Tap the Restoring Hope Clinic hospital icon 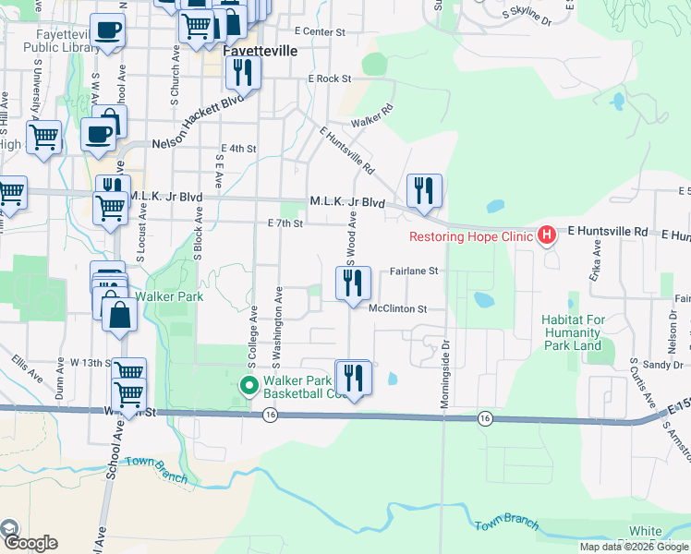click(x=546, y=235)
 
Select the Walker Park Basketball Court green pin click(x=249, y=386)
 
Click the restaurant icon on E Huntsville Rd click(x=424, y=190)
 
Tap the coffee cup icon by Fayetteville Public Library click(x=107, y=30)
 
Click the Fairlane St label click(x=413, y=271)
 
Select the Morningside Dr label click(x=445, y=366)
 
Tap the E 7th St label click(x=285, y=223)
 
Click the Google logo click(x=30, y=542)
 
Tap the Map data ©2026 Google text click(x=634, y=547)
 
